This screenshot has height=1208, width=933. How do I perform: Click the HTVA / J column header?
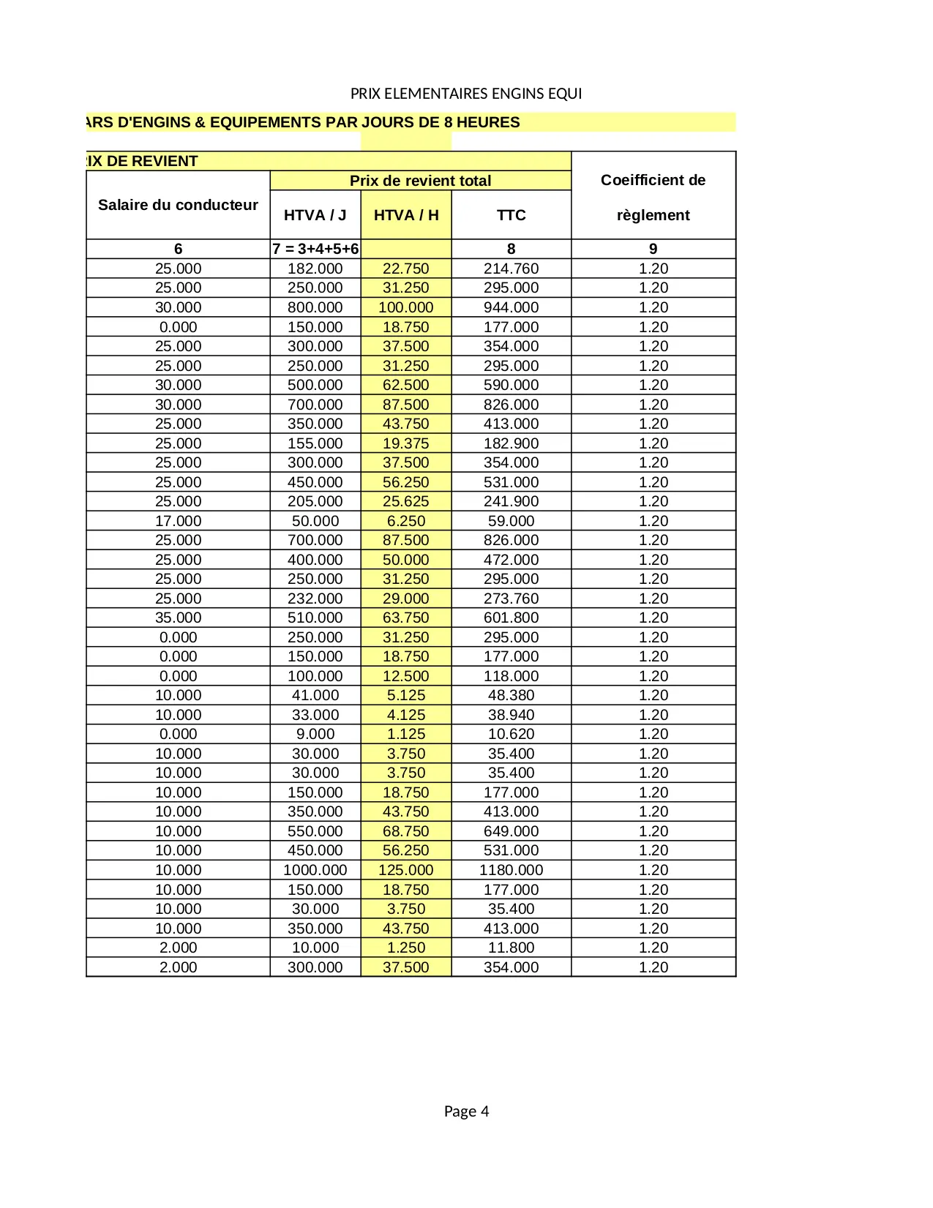pyautogui.click(x=315, y=215)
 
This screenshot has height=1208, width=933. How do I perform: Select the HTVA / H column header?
pyautogui.click(x=406, y=215)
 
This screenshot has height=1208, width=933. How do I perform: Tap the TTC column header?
pyautogui.click(x=511, y=215)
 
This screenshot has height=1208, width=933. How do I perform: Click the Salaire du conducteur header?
pyautogui.click(x=178, y=205)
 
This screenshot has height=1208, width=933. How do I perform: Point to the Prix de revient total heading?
pyautogui.click(x=420, y=181)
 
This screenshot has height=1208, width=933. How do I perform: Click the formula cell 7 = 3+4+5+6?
pyautogui.click(x=315, y=249)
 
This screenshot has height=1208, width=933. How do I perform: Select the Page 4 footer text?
pyautogui.click(x=466, y=1111)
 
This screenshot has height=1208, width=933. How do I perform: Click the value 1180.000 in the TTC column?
pyautogui.click(x=511, y=870)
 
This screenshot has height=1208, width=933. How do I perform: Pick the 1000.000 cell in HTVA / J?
pyautogui.click(x=315, y=870)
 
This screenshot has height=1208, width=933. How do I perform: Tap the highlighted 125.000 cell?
pyautogui.click(x=406, y=870)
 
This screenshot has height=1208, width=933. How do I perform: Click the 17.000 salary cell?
pyautogui.click(x=178, y=521)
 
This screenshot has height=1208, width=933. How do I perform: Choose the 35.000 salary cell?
pyautogui.click(x=178, y=618)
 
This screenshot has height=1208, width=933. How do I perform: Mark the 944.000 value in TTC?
pyautogui.click(x=511, y=307)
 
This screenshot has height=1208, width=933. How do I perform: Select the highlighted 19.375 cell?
pyautogui.click(x=406, y=443)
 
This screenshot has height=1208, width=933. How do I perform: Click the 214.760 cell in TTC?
pyautogui.click(x=511, y=269)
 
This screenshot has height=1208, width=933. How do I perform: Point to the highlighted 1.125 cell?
pyautogui.click(x=406, y=734)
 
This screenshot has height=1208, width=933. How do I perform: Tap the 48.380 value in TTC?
pyautogui.click(x=511, y=695)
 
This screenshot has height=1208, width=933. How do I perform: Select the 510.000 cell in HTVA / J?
pyautogui.click(x=315, y=618)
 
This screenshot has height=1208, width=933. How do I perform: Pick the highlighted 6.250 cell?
pyautogui.click(x=406, y=521)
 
